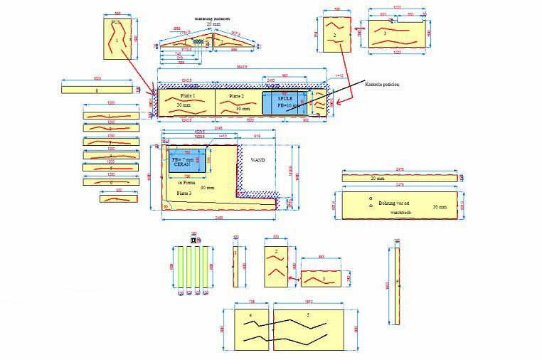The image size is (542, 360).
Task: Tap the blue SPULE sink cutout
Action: tap(285, 102)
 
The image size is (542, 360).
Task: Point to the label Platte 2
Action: tap(236, 95)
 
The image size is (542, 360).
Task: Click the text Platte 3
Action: tap(184, 193)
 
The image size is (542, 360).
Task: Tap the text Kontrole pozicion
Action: tap(381, 85)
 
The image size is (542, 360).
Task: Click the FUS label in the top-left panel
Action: tap(115, 23)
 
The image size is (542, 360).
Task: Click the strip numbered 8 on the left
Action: tap(97, 90)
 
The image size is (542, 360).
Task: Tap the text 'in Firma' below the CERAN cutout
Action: tap(186, 183)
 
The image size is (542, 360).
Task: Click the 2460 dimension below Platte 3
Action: tap(219, 218)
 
